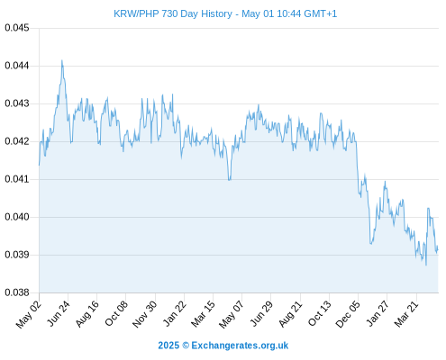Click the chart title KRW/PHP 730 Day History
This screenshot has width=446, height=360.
click(173, 13)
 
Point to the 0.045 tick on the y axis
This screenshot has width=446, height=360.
click(17, 28)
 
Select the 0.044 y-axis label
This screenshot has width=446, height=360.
click(17, 66)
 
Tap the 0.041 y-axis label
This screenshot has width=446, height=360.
click(17, 179)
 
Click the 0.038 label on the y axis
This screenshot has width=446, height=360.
click(17, 292)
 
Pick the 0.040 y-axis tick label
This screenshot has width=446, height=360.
click(17, 217)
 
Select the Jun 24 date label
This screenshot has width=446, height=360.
click(59, 313)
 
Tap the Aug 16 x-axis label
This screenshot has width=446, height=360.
click(87, 313)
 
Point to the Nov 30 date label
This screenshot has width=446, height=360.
click(145, 314)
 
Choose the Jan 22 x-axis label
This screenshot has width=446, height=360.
click(175, 313)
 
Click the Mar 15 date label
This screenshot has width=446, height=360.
click(203, 313)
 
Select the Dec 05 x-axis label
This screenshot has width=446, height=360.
click(348, 314)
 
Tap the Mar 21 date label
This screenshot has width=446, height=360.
click(406, 313)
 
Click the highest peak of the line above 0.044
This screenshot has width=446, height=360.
click(62, 60)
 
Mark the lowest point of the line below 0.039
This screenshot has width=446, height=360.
click(426, 265)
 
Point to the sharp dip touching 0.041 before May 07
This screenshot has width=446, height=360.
click(230, 179)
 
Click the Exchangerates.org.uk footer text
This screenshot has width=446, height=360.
click(240, 346)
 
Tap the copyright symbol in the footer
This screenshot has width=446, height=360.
click(186, 346)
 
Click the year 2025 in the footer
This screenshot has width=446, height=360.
click(168, 346)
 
